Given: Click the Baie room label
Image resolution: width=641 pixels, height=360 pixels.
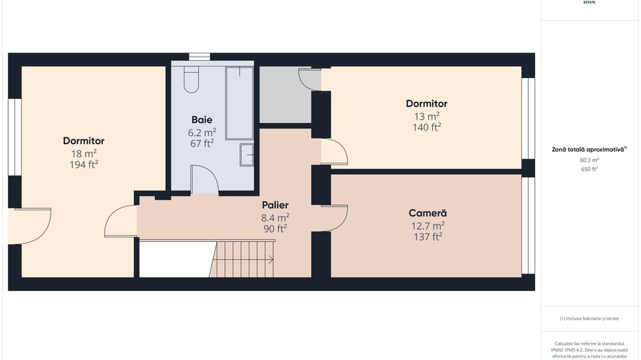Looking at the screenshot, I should coord(202,120).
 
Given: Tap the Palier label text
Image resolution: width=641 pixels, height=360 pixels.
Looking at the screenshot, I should coord(275,205).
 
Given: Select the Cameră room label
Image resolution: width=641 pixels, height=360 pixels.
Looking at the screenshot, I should coord(427,212).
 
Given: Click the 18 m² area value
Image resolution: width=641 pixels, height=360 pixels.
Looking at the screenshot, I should coord(83,153).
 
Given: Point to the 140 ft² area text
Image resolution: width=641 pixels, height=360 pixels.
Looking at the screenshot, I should coord(426,127).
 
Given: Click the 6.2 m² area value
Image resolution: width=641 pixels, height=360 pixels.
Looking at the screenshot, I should coord(202,132).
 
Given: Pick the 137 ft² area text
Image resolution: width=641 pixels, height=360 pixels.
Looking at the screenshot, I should coord(427,236).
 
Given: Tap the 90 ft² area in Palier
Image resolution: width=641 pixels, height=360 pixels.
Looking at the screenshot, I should coord(275,229).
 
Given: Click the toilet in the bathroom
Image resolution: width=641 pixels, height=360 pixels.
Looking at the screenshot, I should coord(191,80).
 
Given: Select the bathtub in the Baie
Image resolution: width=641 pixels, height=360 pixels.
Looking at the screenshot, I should coord(240,102).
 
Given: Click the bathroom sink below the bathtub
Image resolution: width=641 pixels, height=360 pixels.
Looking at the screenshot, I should coord(246,155).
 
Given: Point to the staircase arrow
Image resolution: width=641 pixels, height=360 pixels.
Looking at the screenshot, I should coord(270,260).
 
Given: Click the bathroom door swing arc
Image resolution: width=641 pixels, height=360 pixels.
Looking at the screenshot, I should coord(204,180).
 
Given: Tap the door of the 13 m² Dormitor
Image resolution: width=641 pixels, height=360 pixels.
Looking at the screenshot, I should coord(333,152).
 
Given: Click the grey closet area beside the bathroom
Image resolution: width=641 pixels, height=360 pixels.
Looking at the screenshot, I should coord(284,96).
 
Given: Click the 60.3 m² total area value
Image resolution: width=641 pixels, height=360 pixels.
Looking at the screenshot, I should coord(589,160).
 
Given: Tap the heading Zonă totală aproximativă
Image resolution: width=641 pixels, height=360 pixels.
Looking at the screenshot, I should coord(588,149).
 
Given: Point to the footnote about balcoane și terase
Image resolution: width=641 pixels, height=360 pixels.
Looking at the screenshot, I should coord(589,318).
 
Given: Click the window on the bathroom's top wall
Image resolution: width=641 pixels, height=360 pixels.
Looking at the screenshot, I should coord(200,57).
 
